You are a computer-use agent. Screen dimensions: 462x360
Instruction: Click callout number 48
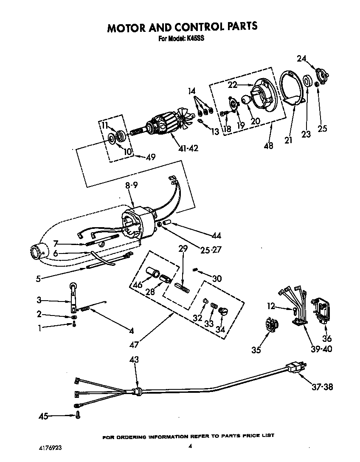tap(268, 146)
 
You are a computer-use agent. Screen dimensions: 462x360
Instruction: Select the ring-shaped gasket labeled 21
tap(292, 87)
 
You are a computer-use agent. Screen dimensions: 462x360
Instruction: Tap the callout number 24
tap(301, 59)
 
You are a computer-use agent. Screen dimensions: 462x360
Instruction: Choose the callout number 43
tap(134, 360)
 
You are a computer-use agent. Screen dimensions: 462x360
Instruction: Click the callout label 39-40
tap(321, 349)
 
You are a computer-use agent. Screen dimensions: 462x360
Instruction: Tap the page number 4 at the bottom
tap(190, 446)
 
